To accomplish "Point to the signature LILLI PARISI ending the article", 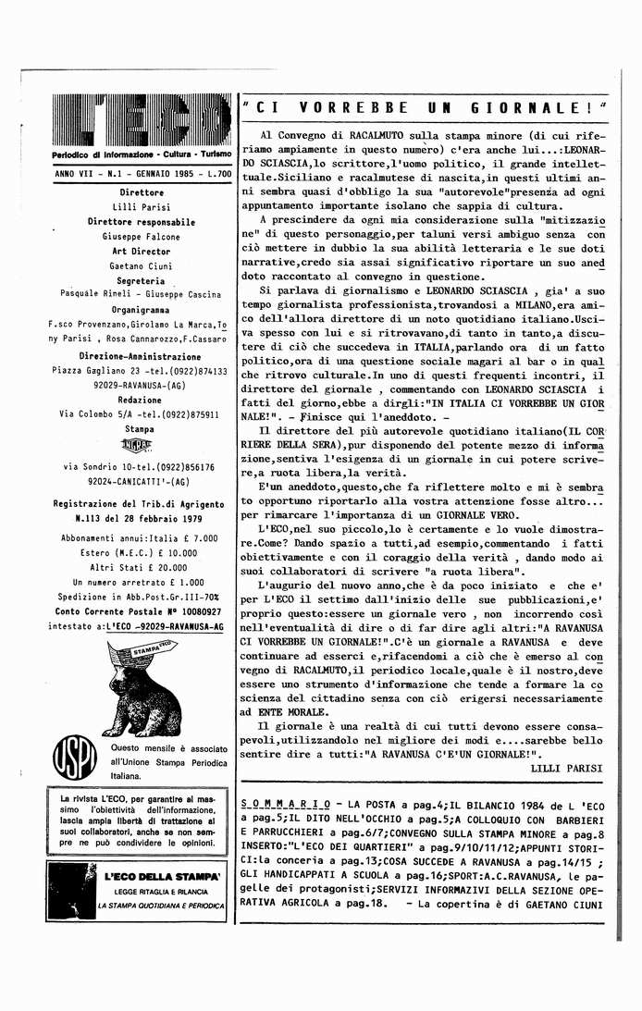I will pyautogui.click(x=567, y=767).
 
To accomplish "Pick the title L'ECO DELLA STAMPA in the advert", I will pyautogui.click(x=161, y=874).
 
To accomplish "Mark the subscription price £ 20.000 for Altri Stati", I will pyautogui.click(x=166, y=568).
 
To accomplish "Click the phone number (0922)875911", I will pyautogui.click(x=191, y=414).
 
